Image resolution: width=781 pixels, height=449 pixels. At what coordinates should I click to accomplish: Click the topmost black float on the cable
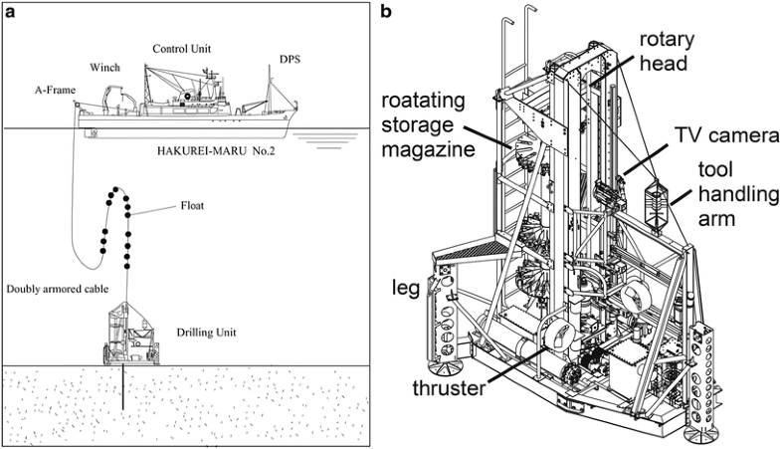click(x=115, y=188)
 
